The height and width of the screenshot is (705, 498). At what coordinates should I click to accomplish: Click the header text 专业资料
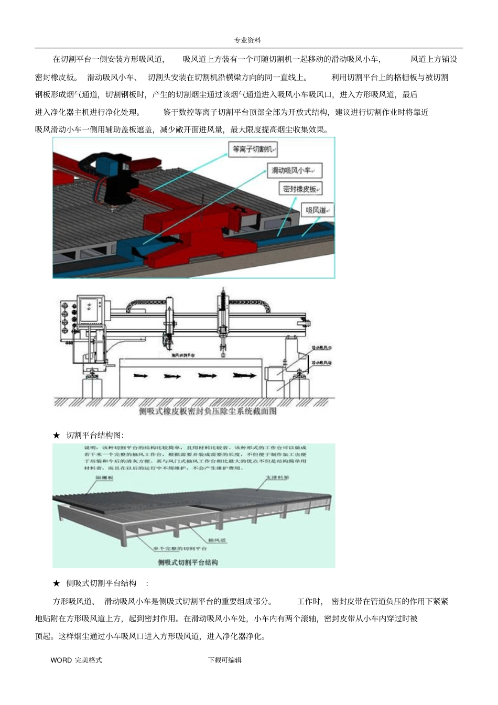click(x=247, y=40)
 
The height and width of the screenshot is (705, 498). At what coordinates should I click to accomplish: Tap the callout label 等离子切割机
click(x=253, y=149)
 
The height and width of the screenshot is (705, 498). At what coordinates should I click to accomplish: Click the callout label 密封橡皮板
click(x=300, y=189)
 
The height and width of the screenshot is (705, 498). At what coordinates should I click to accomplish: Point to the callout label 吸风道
click(x=317, y=210)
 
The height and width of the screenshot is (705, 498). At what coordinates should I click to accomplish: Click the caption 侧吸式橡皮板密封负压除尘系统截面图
click(x=208, y=411)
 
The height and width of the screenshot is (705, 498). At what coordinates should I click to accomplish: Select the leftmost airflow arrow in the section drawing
click(x=140, y=376)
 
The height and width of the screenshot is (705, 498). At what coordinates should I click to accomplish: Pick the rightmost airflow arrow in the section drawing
click(x=242, y=376)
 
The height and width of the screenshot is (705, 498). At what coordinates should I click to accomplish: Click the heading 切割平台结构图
click(x=95, y=435)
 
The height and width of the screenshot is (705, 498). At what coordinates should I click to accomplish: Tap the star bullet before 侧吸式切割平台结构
click(x=57, y=583)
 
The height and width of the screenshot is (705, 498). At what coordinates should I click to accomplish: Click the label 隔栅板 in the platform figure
click(x=104, y=478)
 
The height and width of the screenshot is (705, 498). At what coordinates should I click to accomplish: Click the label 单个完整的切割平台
click(x=180, y=549)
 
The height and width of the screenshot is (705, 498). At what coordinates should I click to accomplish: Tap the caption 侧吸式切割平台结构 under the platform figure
click(x=188, y=562)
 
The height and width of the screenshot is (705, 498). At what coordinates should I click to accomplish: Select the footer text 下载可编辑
click(x=225, y=660)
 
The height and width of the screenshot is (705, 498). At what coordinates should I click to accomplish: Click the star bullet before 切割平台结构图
click(x=57, y=435)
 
